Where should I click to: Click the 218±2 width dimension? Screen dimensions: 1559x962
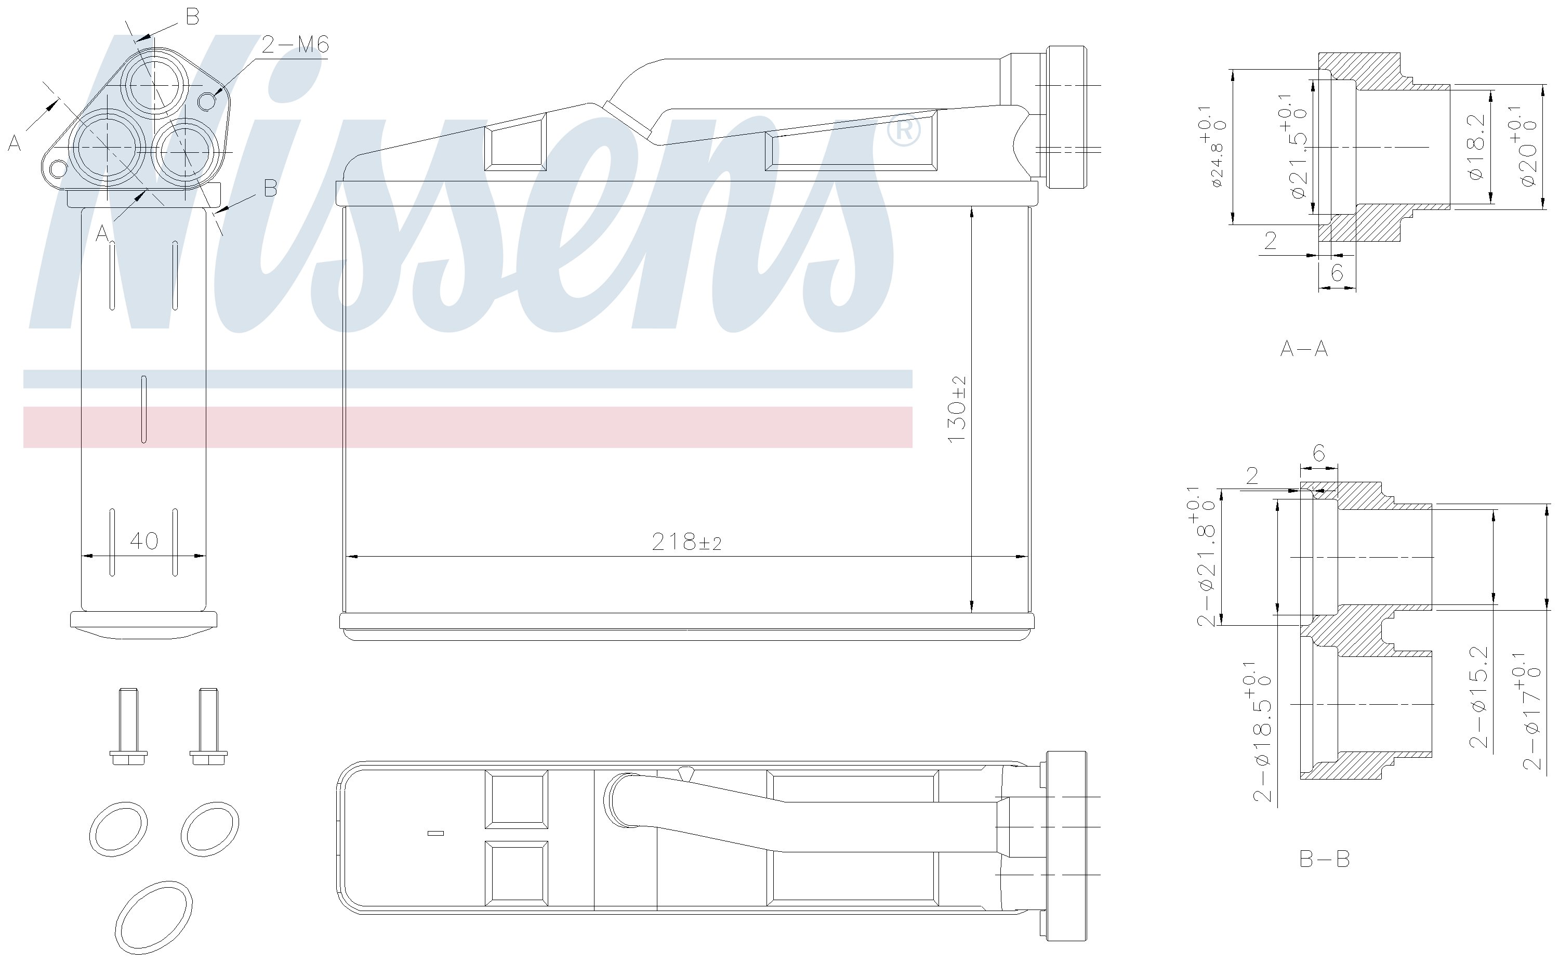point(687,542)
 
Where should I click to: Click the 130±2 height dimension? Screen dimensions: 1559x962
point(957,410)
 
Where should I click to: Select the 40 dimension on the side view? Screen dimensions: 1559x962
point(144,541)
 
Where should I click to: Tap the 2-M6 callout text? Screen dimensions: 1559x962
point(295,45)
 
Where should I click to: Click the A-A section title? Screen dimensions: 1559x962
point(1304,349)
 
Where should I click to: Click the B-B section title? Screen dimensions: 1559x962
point(1324,860)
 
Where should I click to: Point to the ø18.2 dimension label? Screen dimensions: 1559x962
point(1477,147)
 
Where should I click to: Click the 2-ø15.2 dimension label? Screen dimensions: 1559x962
point(1479,697)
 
